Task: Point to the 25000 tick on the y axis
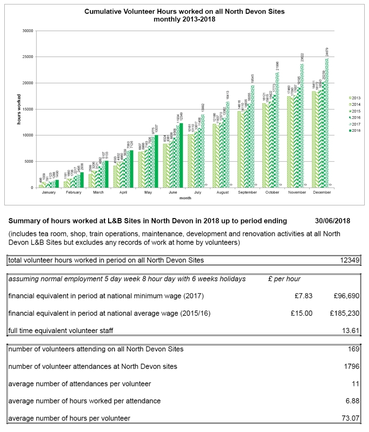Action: pos(27,57)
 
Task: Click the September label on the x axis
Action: pos(248,192)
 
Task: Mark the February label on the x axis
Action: pos(74,192)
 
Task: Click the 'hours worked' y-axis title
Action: pos(19,110)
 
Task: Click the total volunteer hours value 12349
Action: pos(350,260)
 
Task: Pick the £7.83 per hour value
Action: pos(303,296)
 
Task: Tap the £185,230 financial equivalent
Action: pos(344,313)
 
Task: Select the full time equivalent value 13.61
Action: pos(351,331)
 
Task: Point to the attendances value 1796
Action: pos(352,367)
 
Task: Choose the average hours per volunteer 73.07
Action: pos(351,418)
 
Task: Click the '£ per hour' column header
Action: pos(284,279)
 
